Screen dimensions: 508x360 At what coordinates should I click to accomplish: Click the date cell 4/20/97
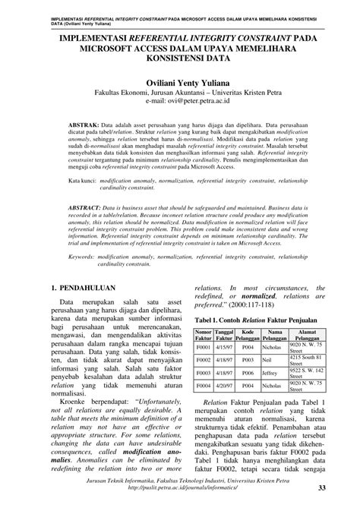[x=223, y=384]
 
